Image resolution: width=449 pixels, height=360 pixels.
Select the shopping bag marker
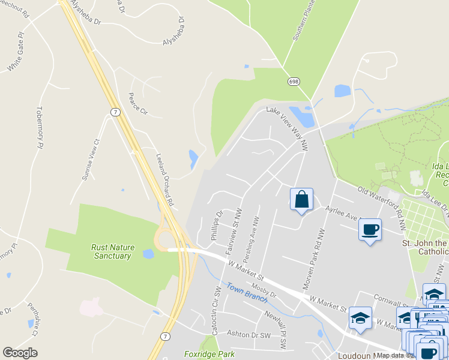tap(302, 200)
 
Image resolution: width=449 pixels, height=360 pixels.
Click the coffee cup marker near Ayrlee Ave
tap(370, 229)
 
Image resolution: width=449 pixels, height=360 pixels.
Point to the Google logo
tap(20, 353)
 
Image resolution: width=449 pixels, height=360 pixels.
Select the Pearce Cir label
tap(138, 103)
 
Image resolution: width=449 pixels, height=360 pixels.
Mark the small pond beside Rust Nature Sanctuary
tap(148, 254)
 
